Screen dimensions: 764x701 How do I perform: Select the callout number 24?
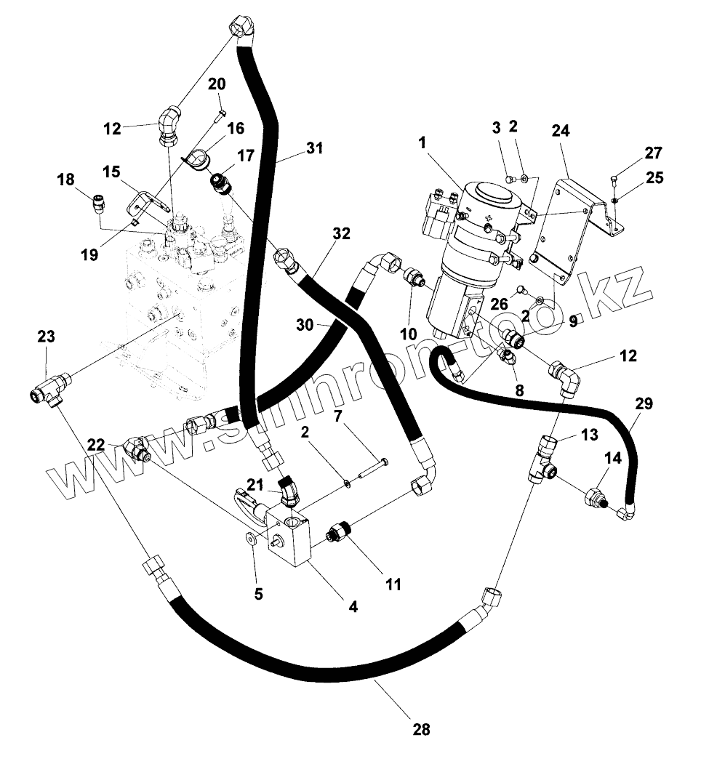click(561, 131)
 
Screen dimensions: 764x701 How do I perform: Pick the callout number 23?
click(46, 337)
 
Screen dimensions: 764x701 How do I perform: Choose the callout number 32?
click(341, 233)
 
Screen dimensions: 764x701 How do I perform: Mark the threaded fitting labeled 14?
click(596, 499)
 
